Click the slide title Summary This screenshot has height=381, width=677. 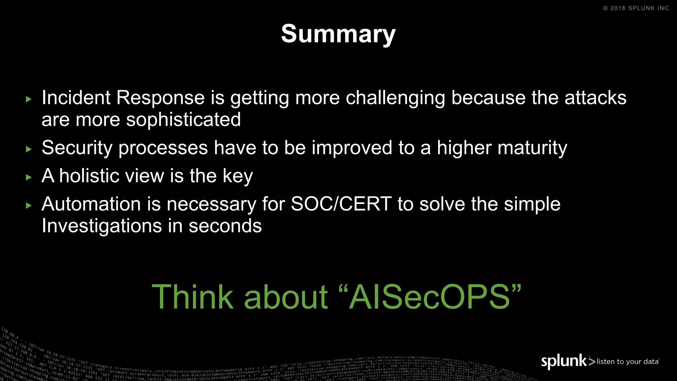(x=338, y=34)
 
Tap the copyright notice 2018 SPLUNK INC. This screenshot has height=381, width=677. (x=637, y=8)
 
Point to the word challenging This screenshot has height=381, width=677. (x=395, y=99)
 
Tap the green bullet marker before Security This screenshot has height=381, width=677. (x=29, y=149)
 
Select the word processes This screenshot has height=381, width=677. (x=163, y=148)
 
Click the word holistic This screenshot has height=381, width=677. (x=112, y=176)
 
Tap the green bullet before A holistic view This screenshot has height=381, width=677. (x=29, y=177)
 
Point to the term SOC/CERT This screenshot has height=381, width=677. (x=341, y=204)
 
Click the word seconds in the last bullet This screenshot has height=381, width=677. (x=225, y=226)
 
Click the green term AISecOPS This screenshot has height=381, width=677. (x=430, y=297)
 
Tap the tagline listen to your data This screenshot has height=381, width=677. (x=627, y=361)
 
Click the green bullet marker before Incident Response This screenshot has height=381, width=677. (x=29, y=99)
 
